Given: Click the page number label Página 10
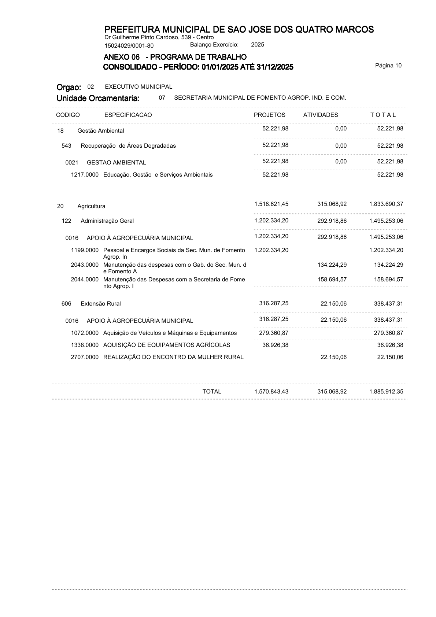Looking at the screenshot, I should coord(388,66).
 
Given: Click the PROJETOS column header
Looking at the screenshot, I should coord(269,115).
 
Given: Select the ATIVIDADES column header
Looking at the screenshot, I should coord(321,115).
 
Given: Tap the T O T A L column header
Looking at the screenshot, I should coord(383,115).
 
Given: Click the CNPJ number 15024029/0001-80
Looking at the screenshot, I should coord(129,46).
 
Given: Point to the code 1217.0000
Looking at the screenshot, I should coord(85,175).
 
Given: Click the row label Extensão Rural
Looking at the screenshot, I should coord(101,304).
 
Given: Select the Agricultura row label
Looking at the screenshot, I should coord(91,206).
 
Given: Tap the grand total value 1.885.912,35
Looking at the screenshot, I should coord(386,392).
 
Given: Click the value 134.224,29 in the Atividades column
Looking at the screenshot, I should coord(332,265).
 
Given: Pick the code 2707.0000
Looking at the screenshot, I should coord(85,357).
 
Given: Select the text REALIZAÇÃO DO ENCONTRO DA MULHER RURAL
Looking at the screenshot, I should coord(173,357).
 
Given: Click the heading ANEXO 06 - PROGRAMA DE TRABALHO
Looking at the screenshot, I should coord(175,57).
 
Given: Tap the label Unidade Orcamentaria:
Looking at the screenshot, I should coord(98,98).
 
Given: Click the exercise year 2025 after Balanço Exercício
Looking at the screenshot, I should coord(258,45).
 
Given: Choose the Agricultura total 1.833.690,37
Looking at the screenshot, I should coord(386,204).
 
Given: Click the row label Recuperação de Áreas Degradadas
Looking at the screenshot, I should coord(128,146).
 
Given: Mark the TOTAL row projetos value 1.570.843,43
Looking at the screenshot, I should coord(271,392).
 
